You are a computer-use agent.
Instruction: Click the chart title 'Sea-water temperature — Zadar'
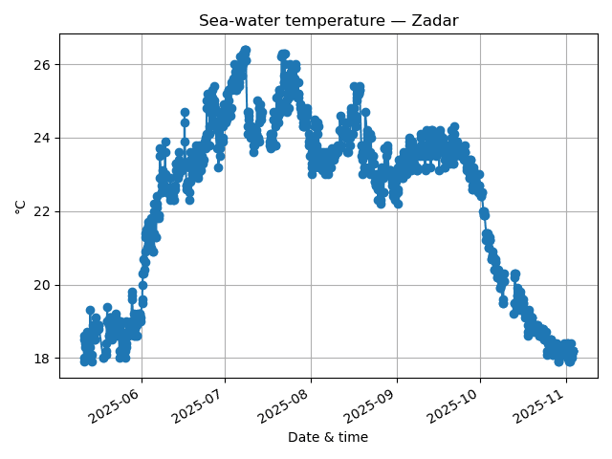pos(328,21)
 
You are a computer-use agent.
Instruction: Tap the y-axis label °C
pos(21,207)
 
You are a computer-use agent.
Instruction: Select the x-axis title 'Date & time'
pos(328,438)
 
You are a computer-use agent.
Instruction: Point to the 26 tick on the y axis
pos(42,65)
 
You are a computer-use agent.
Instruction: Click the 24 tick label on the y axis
pos(42,139)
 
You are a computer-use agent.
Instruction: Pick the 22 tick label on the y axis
pos(42,212)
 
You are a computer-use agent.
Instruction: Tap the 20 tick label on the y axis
pos(42,286)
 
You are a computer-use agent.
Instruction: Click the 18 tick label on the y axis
pos(42,360)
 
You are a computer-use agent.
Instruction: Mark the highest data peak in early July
pos(246,50)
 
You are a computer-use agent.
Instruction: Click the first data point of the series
pos(84,337)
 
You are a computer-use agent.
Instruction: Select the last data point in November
pos(573,352)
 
